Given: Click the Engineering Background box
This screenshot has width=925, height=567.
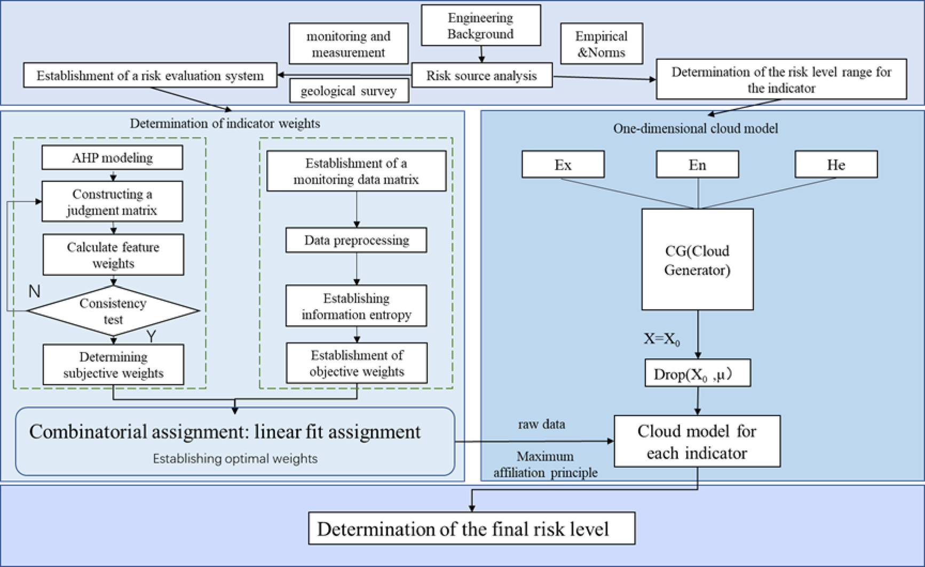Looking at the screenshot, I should pos(480,26).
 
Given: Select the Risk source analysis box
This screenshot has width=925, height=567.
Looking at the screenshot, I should pos(481,76).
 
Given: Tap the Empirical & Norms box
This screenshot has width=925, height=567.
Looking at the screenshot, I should pos(602,44).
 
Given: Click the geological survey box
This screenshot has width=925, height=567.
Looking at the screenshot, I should pos(349,91).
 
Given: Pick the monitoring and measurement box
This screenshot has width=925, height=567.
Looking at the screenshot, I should pos(349,44).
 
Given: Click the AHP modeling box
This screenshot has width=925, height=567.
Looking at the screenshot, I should pos(112,158).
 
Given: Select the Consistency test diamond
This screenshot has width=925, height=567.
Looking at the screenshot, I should pos(113,311).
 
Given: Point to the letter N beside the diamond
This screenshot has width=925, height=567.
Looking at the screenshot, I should pos(34,292).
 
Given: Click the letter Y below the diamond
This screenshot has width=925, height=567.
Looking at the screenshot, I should pos(152,337).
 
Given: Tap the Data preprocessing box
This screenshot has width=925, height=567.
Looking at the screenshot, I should pos(356,240).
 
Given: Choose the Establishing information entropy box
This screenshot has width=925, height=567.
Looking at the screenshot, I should pos(356,306).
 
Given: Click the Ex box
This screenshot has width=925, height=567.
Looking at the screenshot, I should pos(563,164).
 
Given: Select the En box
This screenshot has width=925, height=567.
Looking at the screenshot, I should pos(697,164).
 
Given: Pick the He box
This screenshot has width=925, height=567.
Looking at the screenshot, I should pos(836,164).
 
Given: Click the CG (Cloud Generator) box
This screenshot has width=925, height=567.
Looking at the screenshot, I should pos(697,259).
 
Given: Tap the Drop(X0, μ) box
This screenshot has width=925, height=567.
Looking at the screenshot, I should pos(697,374).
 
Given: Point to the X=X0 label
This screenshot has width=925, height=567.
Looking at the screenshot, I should pos(662,339).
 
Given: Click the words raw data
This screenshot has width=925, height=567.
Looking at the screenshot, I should pos(541,424).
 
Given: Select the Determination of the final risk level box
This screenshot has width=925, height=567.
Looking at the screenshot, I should pos(471,529).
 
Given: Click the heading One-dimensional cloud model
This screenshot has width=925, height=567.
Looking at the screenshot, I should pos(695,129).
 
